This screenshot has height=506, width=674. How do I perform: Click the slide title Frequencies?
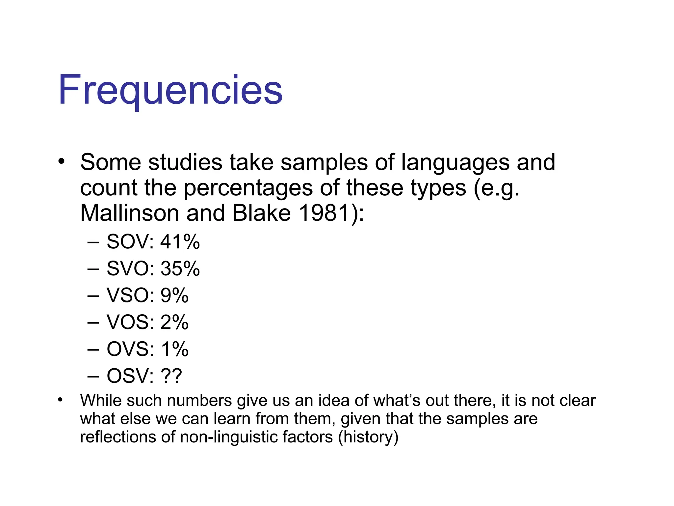(170, 90)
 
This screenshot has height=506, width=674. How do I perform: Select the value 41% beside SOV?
(180, 241)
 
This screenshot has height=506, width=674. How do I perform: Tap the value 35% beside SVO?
(180, 268)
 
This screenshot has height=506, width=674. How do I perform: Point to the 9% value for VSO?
(174, 295)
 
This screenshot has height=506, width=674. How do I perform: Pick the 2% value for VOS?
(174, 322)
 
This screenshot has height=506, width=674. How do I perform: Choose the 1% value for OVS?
(174, 349)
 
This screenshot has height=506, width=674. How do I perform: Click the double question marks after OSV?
(171, 376)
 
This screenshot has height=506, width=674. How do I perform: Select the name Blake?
(262, 213)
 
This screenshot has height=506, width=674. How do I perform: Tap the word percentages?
(248, 188)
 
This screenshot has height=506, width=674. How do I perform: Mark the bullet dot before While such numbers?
(60, 400)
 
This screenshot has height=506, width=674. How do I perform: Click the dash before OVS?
(93, 349)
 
